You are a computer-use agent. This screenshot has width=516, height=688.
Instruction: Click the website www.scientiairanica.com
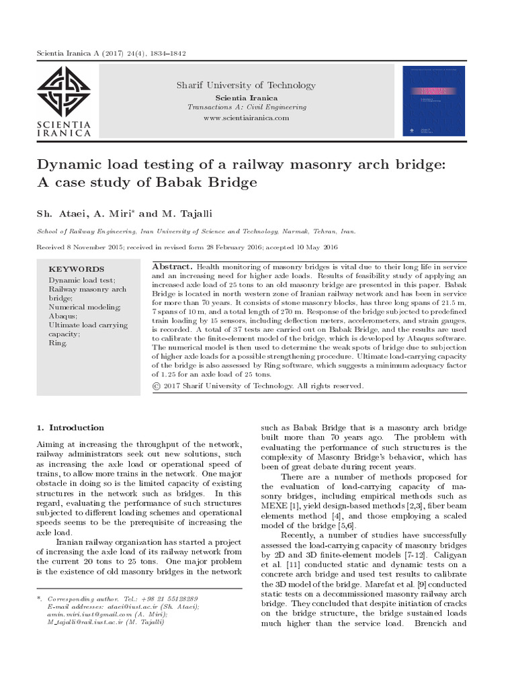coord(245,118)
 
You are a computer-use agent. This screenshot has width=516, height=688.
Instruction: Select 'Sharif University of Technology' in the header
coord(245,85)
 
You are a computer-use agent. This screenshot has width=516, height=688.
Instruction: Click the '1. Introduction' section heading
coord(70,427)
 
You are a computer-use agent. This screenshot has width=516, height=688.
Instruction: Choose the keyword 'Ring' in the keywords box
coord(57,343)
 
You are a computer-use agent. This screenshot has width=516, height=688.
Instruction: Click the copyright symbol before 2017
coord(157,386)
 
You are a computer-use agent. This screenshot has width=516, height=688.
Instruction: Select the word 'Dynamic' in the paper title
coord(70,165)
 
